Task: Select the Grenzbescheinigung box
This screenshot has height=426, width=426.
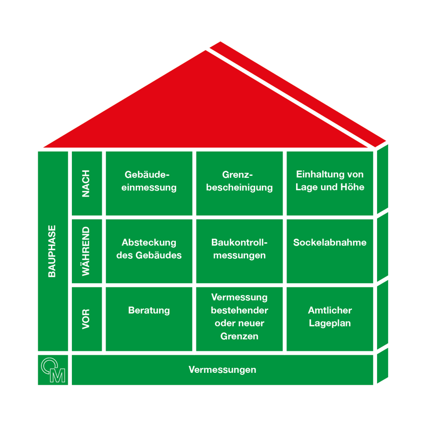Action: click(240, 182)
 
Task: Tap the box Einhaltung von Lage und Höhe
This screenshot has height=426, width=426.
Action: click(330, 182)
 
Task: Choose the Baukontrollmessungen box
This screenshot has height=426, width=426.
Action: click(240, 250)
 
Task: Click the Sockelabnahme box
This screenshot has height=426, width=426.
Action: click(330, 250)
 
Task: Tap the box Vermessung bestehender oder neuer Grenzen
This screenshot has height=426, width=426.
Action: click(240, 318)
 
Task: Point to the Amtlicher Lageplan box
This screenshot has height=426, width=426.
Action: click(330, 318)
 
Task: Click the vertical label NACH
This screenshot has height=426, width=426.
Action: click(86, 183)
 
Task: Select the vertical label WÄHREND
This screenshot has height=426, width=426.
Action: click(86, 251)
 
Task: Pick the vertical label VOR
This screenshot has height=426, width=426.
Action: click(86, 318)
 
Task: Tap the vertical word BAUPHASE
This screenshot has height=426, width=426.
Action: click(52, 250)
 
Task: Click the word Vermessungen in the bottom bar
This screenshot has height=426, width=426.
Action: click(222, 370)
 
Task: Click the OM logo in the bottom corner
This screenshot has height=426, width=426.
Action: click(53, 370)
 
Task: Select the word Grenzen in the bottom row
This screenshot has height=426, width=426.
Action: click(240, 337)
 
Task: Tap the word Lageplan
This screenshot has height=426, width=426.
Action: click(330, 323)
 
